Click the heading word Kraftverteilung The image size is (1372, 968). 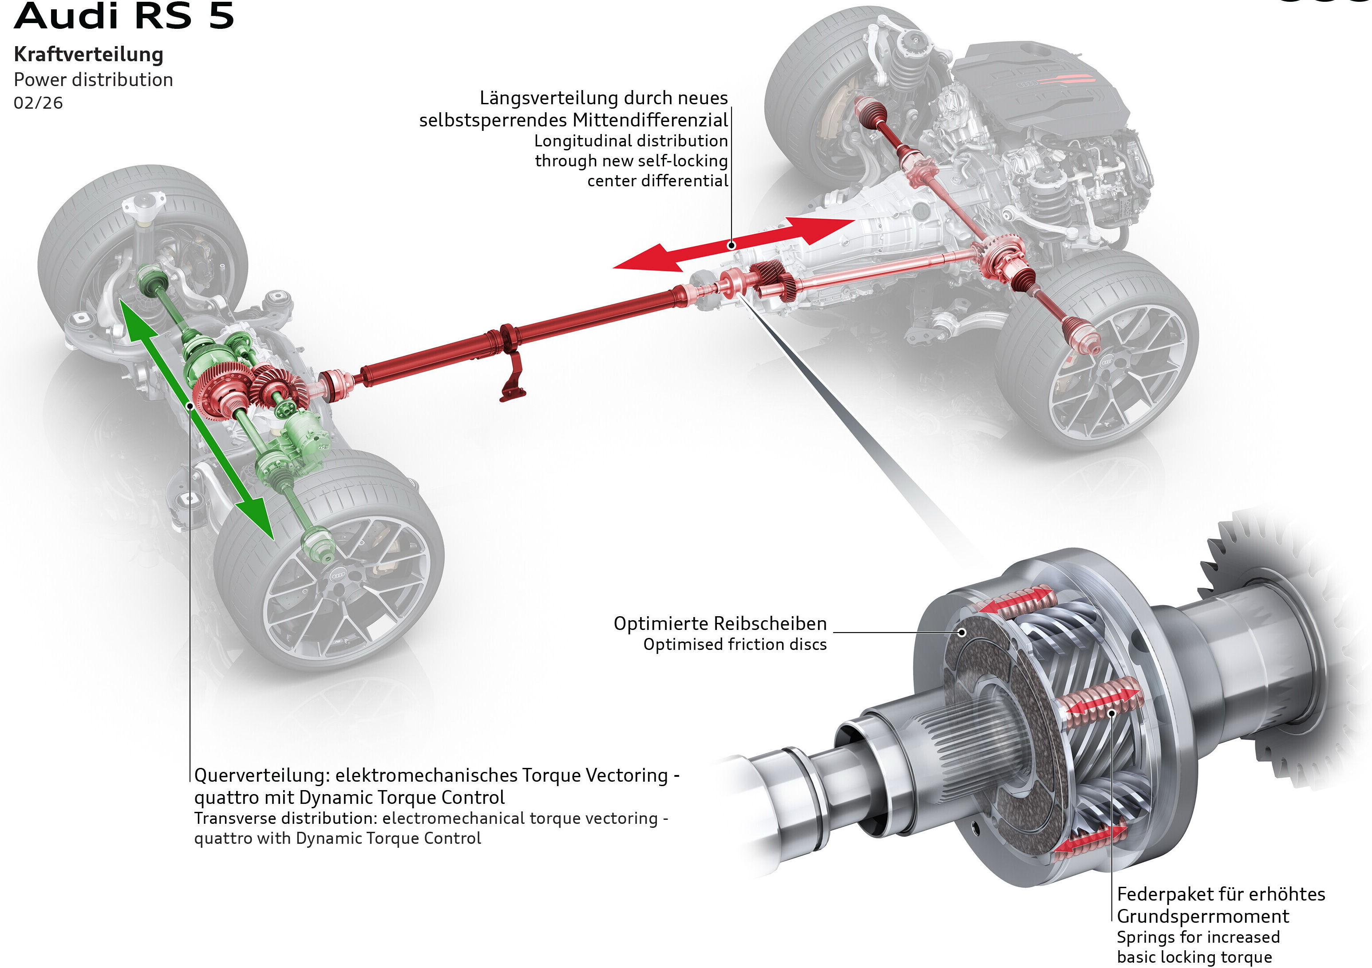(88, 54)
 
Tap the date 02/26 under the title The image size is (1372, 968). (38, 103)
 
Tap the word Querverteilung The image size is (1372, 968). (261, 775)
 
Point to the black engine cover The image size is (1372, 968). (1040, 78)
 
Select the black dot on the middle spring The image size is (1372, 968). (1111, 712)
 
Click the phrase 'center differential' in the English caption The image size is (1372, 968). (657, 181)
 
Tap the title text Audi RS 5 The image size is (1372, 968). (124, 16)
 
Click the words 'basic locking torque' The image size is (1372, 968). (1194, 956)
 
